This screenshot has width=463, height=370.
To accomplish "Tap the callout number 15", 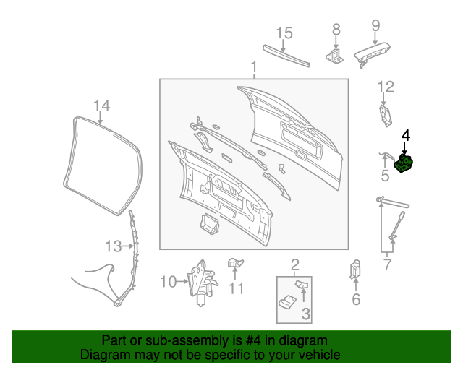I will [x=284, y=33].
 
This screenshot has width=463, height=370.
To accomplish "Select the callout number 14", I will [x=101, y=106].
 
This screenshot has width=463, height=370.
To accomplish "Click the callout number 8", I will [x=336, y=29].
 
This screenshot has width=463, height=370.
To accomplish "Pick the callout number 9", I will [x=375, y=26].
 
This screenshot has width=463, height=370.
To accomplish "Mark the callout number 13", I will [x=113, y=246].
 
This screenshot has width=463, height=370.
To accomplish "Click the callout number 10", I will [x=168, y=281].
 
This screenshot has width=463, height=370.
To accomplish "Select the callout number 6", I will [x=356, y=299].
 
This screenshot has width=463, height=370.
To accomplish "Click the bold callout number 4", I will [x=405, y=134].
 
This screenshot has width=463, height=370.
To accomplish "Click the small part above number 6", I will [x=355, y=269].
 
